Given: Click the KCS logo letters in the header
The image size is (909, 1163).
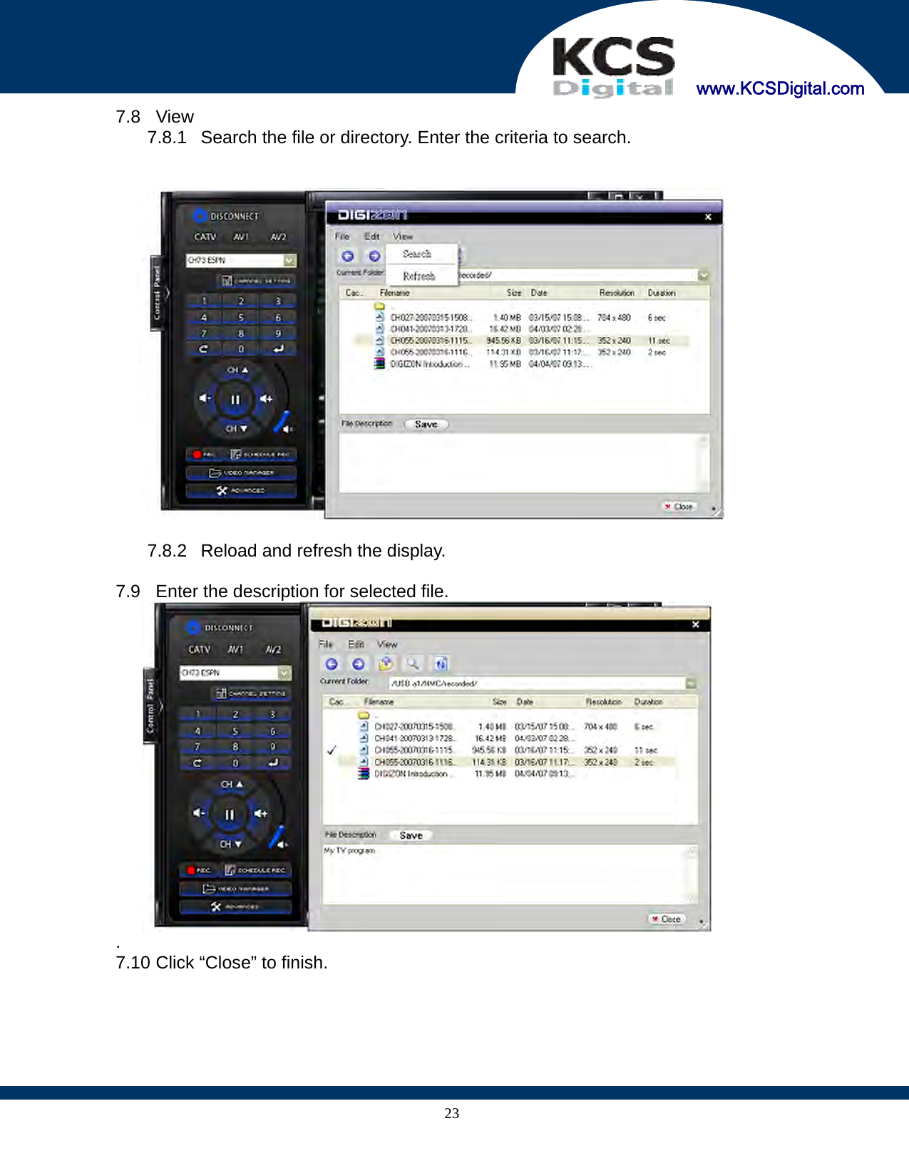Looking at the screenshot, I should [x=613, y=57].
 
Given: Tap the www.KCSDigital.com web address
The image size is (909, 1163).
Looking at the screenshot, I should [x=780, y=88].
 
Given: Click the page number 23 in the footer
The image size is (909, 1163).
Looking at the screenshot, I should [x=452, y=1113].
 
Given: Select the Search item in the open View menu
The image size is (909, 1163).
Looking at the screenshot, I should [x=417, y=254].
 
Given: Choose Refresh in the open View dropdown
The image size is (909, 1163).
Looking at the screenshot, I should [x=418, y=276].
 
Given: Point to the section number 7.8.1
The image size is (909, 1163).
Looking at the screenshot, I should [x=167, y=138].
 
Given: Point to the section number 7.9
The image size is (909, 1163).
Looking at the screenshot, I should [x=128, y=591].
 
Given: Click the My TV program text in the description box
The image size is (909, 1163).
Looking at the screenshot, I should [x=349, y=851].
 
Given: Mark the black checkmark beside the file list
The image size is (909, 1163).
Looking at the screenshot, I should [x=332, y=750].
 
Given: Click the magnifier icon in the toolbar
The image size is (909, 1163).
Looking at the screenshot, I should [x=413, y=663].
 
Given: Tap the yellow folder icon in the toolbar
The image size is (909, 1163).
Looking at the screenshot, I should [x=386, y=663].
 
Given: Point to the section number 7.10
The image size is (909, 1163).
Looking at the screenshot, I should [x=133, y=963].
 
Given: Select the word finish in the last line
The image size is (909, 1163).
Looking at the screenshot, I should [x=304, y=963].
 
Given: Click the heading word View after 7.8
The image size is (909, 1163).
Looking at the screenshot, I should [x=175, y=117].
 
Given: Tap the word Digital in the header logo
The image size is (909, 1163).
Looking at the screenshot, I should [x=613, y=88].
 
